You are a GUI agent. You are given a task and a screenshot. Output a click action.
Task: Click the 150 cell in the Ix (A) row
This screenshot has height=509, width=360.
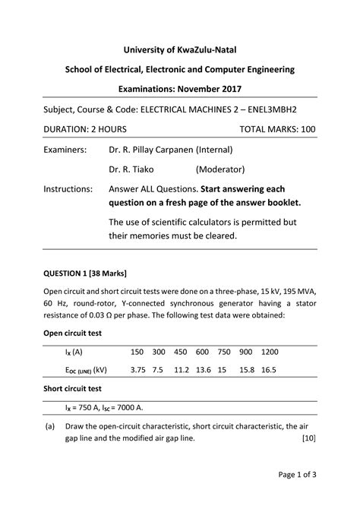point(137,353)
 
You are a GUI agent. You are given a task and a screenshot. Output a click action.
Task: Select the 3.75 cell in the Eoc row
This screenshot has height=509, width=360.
point(137,371)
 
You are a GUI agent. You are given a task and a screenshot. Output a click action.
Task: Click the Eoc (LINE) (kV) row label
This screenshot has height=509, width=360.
point(86,371)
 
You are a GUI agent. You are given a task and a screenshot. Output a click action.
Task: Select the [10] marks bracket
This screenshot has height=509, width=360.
point(308,439)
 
